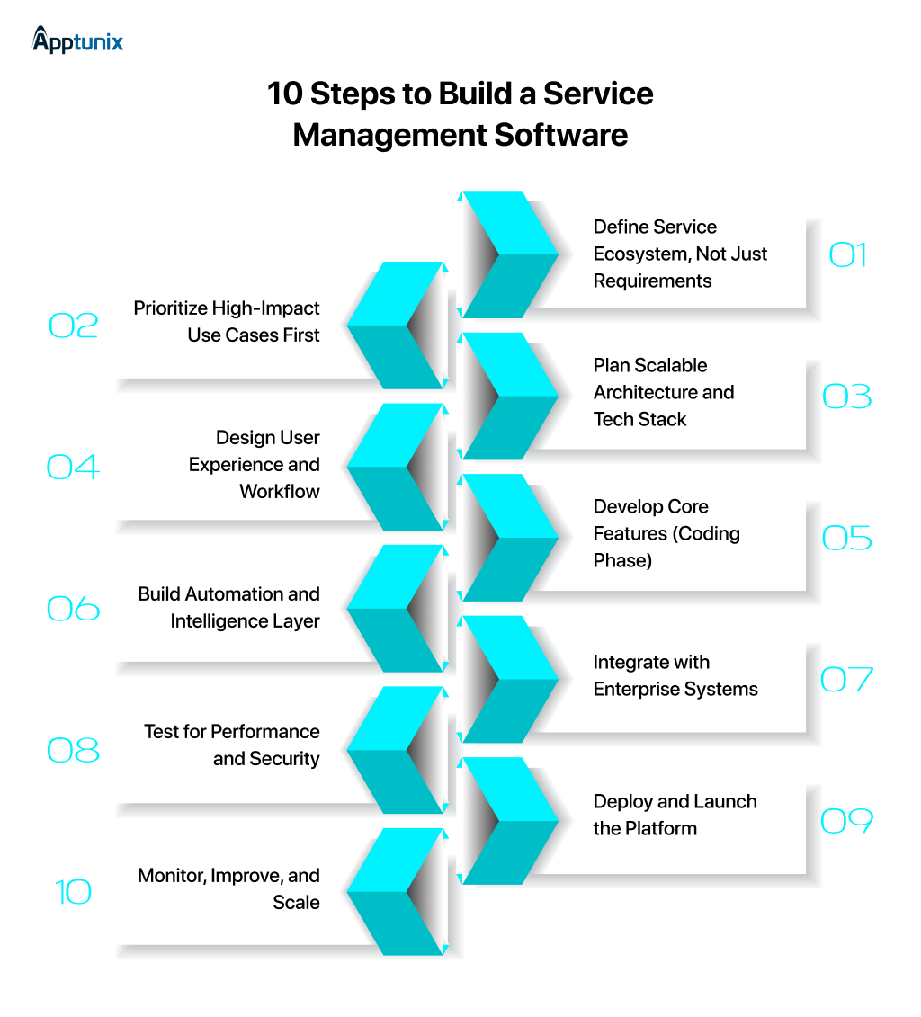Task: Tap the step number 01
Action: point(847,255)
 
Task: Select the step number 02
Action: point(73,326)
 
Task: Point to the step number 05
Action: point(847,538)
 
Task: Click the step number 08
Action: point(73,750)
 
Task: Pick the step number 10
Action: point(73,892)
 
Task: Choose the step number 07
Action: point(847,680)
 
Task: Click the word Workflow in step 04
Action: point(280,491)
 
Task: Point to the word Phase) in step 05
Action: point(622,560)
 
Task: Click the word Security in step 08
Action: point(285,758)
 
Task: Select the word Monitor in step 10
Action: point(171,875)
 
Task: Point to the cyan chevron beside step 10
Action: point(396,892)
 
